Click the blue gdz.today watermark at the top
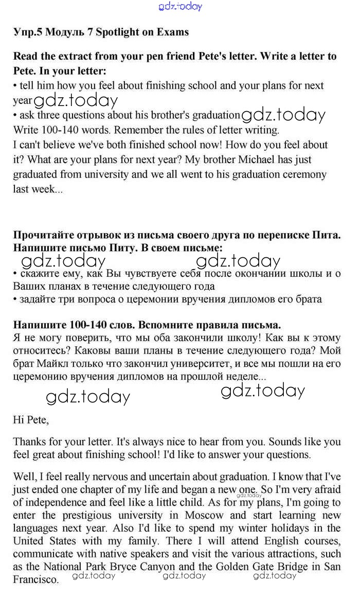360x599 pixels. coord(181,7)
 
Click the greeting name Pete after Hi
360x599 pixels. coord(37,419)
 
